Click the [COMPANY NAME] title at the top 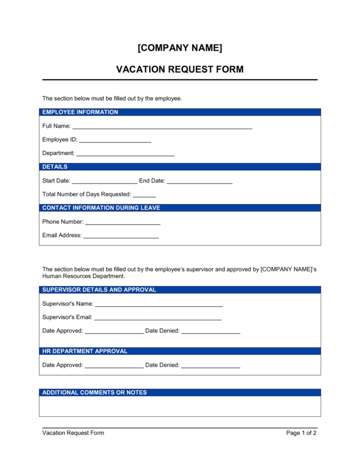pos(180,48)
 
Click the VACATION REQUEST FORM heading pos(180,69)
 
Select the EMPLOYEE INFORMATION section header pos(80,112)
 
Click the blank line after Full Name pos(162,126)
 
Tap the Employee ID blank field pos(115,139)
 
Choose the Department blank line pos(125,153)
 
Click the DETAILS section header pos(55,167)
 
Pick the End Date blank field pos(199,181)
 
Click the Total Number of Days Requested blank pos(144,194)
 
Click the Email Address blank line pos(121,235)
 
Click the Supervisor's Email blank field pos(157,317)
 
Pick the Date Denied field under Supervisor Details pos(210,331)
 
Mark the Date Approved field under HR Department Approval pos(114,365)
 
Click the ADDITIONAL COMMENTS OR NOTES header pos(94,392)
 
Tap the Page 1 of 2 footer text pos(301,433)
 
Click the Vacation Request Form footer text pos(73,433)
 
